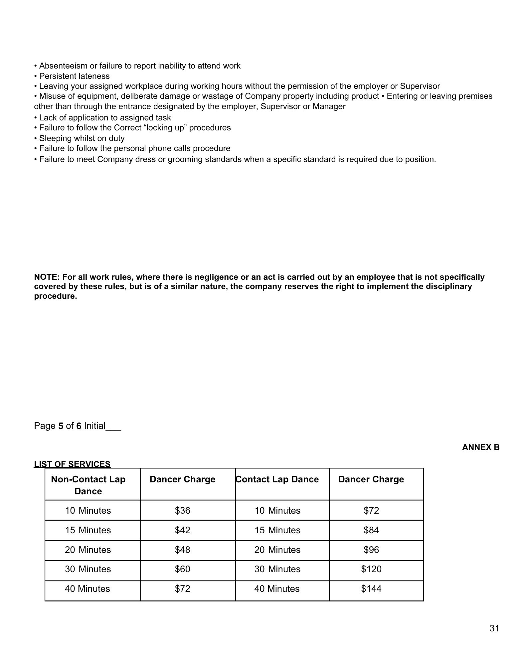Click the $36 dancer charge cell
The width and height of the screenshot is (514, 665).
182,511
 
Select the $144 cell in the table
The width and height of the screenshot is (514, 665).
371,589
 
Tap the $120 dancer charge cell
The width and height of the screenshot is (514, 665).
371,569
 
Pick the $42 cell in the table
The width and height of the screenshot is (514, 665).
182,530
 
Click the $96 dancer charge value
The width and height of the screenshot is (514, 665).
371,550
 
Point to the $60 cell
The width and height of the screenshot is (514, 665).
182,569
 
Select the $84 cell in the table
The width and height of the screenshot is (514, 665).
371,530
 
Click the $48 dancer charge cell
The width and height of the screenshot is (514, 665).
182,550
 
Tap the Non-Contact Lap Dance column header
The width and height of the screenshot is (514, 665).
88,485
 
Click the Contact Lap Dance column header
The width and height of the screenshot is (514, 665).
277,479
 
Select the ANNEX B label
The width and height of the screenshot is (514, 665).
480,447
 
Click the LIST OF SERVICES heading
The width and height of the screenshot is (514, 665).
72,464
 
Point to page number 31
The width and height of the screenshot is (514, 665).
494,628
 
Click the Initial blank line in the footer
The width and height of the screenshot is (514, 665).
113,426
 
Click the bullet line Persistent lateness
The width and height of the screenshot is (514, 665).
74,76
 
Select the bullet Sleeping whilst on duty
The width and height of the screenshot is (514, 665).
82,138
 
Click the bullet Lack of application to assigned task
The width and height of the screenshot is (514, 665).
105,118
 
